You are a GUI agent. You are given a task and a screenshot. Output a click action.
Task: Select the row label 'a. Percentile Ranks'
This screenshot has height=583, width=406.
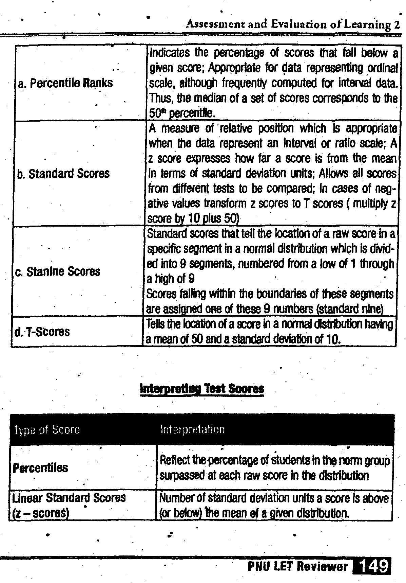click(x=65, y=83)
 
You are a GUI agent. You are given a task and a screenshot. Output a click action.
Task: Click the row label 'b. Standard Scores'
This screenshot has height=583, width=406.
click(x=63, y=174)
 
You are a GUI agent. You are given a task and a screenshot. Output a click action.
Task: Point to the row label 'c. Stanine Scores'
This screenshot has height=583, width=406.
click(x=58, y=271)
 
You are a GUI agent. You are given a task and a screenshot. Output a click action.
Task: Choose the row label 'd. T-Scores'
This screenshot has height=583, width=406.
click(x=42, y=332)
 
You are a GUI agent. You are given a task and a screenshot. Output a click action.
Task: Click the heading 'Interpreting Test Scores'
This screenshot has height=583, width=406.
click(x=202, y=388)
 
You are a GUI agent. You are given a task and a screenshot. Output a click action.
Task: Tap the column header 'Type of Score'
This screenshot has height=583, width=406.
click(x=46, y=430)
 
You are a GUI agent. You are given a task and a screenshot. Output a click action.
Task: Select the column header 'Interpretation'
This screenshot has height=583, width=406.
click(x=192, y=430)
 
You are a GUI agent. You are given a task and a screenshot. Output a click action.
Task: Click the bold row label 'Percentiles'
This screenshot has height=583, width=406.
click(x=40, y=468)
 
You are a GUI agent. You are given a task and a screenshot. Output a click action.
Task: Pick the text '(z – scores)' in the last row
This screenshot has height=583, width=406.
click(x=41, y=513)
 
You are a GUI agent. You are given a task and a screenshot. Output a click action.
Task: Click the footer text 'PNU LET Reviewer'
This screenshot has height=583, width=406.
click(x=297, y=566)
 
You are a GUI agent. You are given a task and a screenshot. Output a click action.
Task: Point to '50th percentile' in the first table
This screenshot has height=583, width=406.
click(x=182, y=112)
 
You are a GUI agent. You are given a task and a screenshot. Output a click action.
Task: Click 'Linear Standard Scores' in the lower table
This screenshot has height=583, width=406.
click(x=69, y=498)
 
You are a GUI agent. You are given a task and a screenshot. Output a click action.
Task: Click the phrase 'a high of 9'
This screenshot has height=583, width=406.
click(x=171, y=279)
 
